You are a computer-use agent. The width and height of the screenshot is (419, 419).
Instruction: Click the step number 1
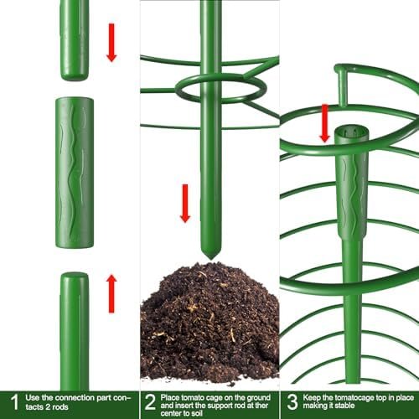click(x=14, y=402)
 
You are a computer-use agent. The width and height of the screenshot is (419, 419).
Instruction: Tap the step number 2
click(x=150, y=402)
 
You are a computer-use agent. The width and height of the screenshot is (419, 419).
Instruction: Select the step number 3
click(x=292, y=402)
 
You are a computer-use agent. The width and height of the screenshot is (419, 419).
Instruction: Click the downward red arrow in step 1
click(x=111, y=43)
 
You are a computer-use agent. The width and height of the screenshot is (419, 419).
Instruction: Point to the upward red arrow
click(x=111, y=293)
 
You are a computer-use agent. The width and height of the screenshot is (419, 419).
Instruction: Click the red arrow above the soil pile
click(x=185, y=204)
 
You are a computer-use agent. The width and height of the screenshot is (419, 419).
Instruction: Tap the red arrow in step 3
click(x=324, y=123)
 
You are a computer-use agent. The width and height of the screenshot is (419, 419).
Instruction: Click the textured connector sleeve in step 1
click(x=75, y=173)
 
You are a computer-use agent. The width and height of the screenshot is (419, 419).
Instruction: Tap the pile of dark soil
click(x=209, y=321)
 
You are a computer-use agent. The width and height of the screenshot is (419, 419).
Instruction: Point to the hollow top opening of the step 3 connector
click(x=352, y=132)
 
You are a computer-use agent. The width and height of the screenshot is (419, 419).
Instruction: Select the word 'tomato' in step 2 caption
click(x=193, y=397)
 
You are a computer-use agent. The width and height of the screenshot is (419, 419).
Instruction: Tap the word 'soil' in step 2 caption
click(x=196, y=413)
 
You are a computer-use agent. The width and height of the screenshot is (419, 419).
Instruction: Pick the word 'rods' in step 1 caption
click(x=60, y=407)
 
